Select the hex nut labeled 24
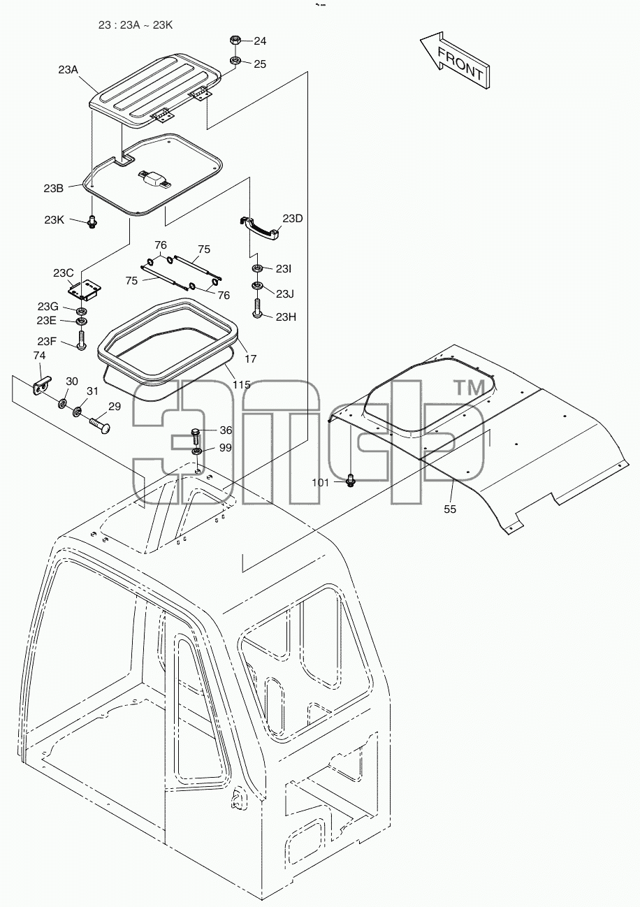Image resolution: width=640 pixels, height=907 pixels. tap(235, 40)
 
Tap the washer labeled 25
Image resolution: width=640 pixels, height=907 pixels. tap(235, 61)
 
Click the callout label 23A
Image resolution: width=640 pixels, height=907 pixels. tap(68, 70)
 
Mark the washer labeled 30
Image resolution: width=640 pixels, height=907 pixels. tap(63, 403)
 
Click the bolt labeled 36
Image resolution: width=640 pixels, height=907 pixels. tap(196, 437)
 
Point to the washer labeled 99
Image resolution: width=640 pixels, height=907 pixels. tap(196, 451)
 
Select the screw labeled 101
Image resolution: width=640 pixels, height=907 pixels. tap(351, 481)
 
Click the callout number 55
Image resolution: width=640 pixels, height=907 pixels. tap(450, 509)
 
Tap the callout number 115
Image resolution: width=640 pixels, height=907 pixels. tap(242, 384)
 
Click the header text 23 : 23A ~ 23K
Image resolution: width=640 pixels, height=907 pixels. tap(136, 25)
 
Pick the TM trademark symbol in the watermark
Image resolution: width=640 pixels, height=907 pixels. tap(470, 388)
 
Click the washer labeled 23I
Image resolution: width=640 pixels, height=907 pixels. tap(257, 268)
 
